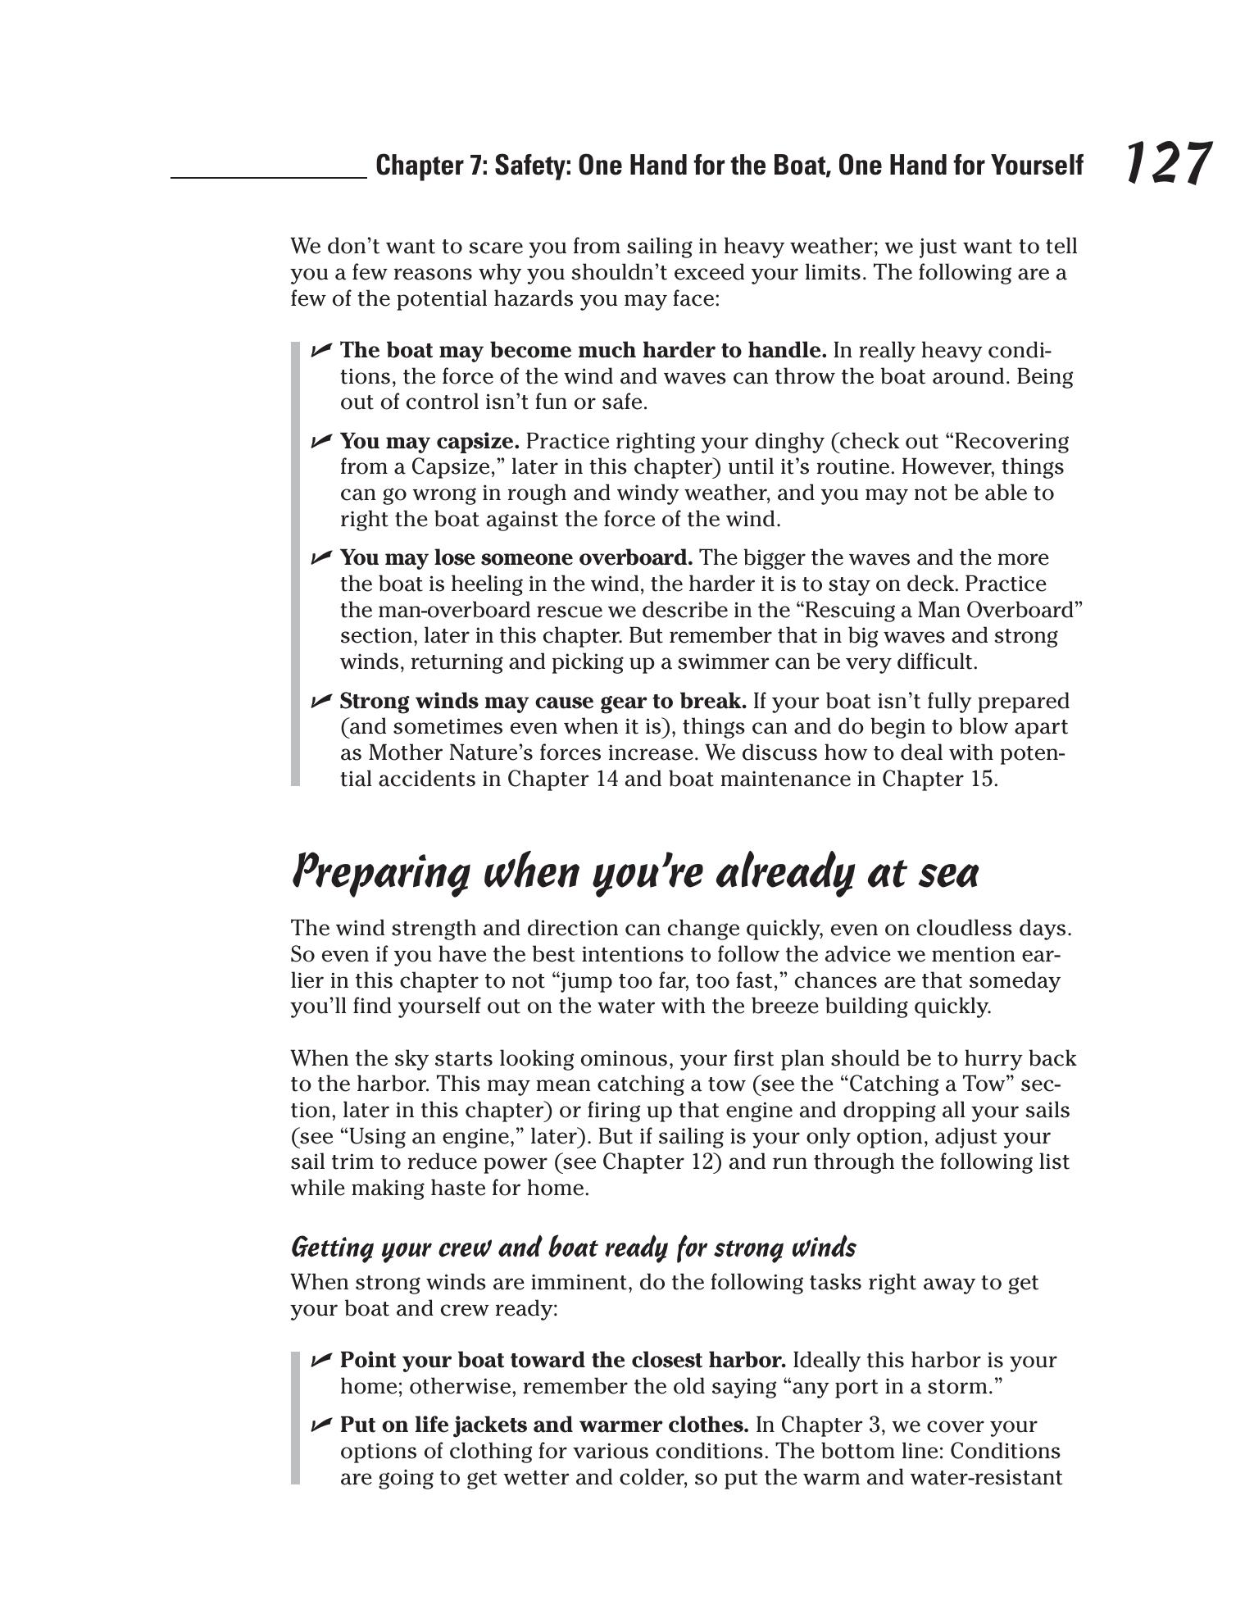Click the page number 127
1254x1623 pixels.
coord(1166,163)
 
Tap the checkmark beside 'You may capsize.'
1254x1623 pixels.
coord(320,441)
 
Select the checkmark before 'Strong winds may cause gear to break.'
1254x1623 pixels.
coord(320,701)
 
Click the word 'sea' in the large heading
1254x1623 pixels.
coord(949,875)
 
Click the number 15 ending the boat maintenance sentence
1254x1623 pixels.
coord(979,779)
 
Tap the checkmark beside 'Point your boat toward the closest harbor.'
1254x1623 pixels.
coord(320,1360)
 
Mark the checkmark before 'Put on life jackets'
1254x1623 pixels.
coord(320,1425)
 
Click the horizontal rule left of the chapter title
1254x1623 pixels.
coord(268,176)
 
